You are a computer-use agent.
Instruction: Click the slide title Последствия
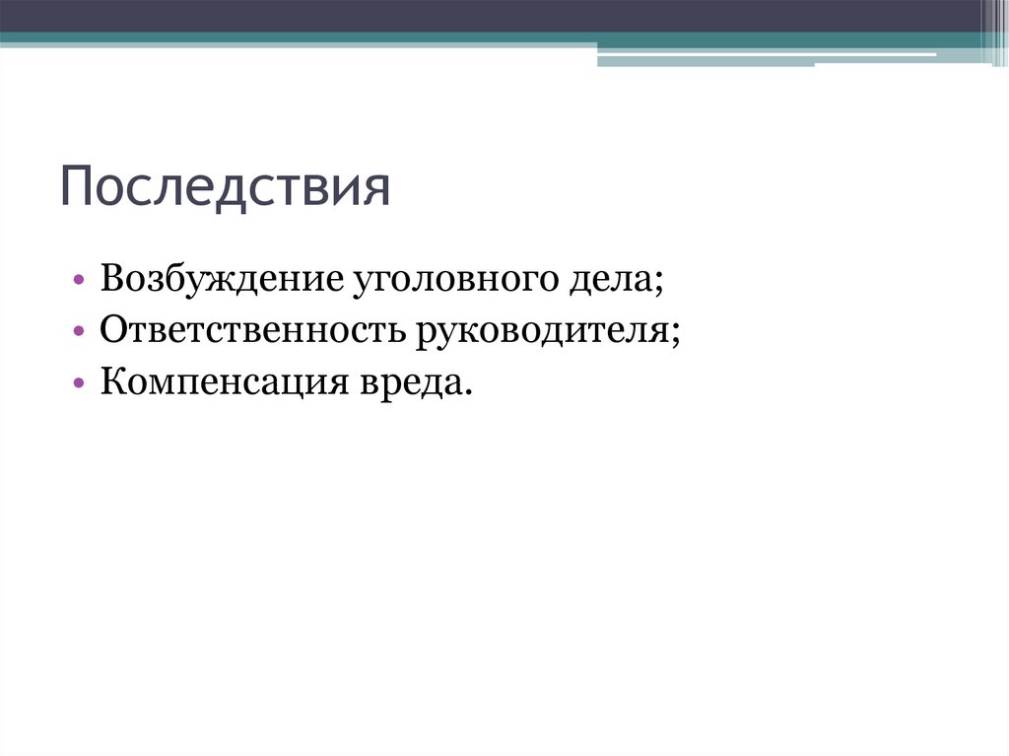tap(226, 187)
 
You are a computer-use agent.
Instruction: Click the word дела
tap(602, 279)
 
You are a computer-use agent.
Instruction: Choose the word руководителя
tap(545, 330)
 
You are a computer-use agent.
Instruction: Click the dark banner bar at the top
tap(493, 15)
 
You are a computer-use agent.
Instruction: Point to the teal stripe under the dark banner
tap(296, 38)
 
